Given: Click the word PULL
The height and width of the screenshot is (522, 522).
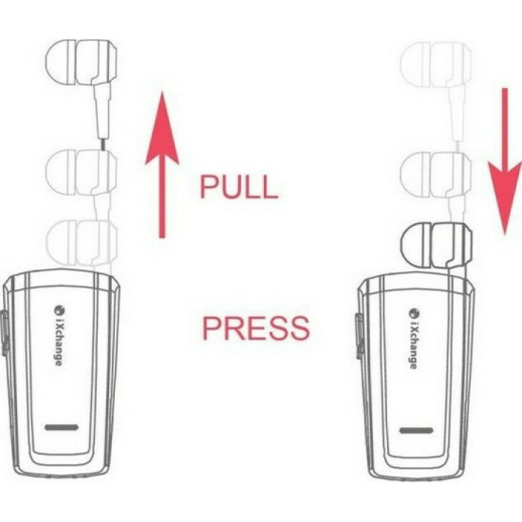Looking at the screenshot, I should point(238,186).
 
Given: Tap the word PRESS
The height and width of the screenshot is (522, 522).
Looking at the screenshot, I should point(255,328).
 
